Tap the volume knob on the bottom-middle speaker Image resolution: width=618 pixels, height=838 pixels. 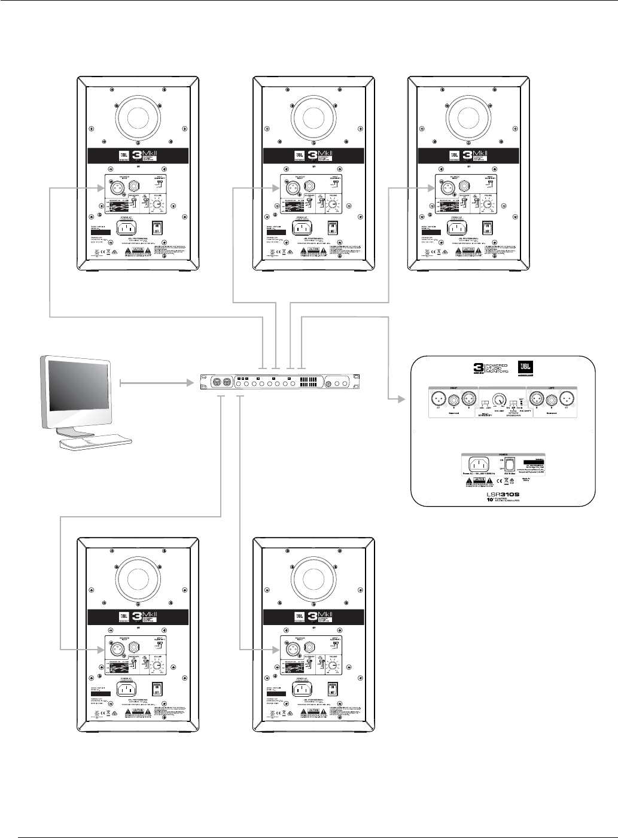pyautogui.click(x=331, y=666)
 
